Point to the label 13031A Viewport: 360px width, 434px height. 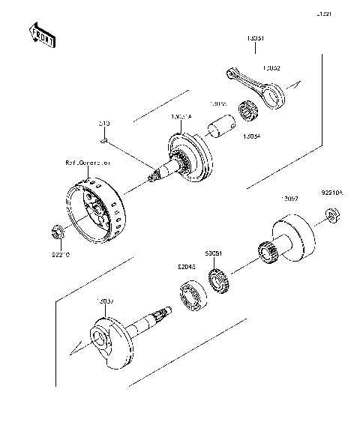[x=183, y=118]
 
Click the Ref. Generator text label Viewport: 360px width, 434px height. [x=88, y=162]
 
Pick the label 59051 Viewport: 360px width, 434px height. [x=214, y=253]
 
